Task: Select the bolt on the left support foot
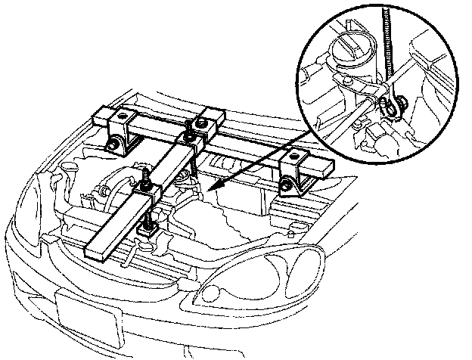[x=112, y=144]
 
